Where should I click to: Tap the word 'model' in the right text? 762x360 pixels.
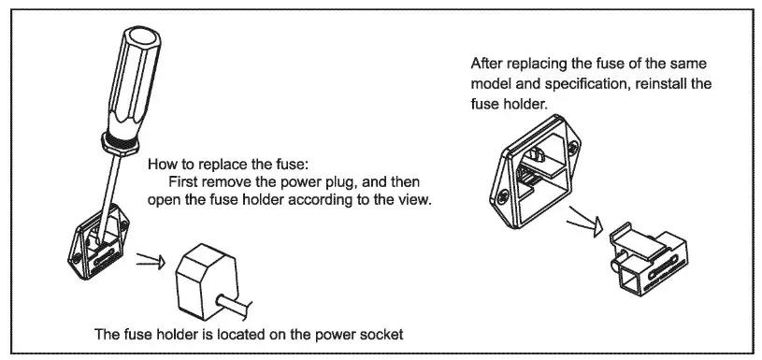[491, 84]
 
